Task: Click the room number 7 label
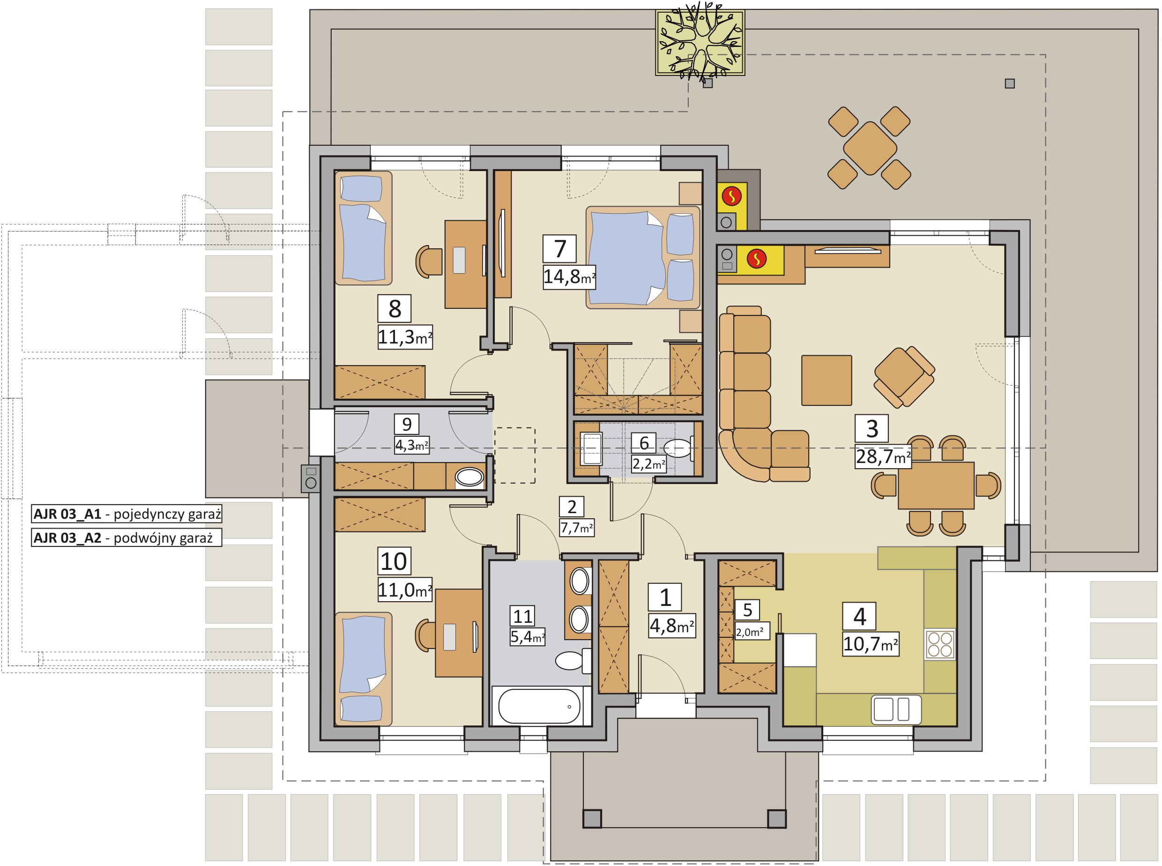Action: [559, 248]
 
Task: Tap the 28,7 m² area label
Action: [883, 456]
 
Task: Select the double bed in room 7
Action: [642, 257]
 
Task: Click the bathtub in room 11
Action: [539, 706]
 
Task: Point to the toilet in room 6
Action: [679, 449]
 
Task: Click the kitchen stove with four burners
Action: [940, 645]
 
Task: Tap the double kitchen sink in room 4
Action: [896, 709]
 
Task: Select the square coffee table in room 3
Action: [827, 380]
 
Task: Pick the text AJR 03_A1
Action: [67, 514]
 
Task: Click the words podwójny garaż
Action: [163, 538]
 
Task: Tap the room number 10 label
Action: [394, 561]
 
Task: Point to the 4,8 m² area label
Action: [672, 626]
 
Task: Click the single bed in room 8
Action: [363, 228]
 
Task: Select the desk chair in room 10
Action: [425, 636]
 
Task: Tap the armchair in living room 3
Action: [904, 377]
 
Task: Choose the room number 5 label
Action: [747, 610]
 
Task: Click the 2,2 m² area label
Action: [649, 464]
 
